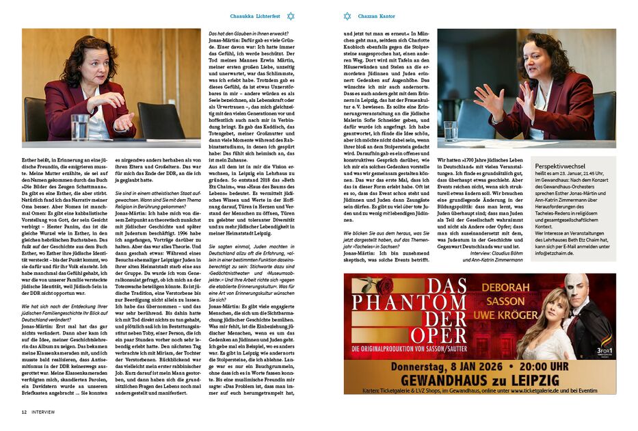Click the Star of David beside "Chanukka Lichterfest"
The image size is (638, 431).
[x=291, y=16]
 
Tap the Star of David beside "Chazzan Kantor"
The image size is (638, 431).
[x=347, y=16]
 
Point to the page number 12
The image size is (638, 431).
[x=24, y=412]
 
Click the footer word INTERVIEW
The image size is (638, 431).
[x=43, y=412]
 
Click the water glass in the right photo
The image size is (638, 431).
[x=450, y=131]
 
